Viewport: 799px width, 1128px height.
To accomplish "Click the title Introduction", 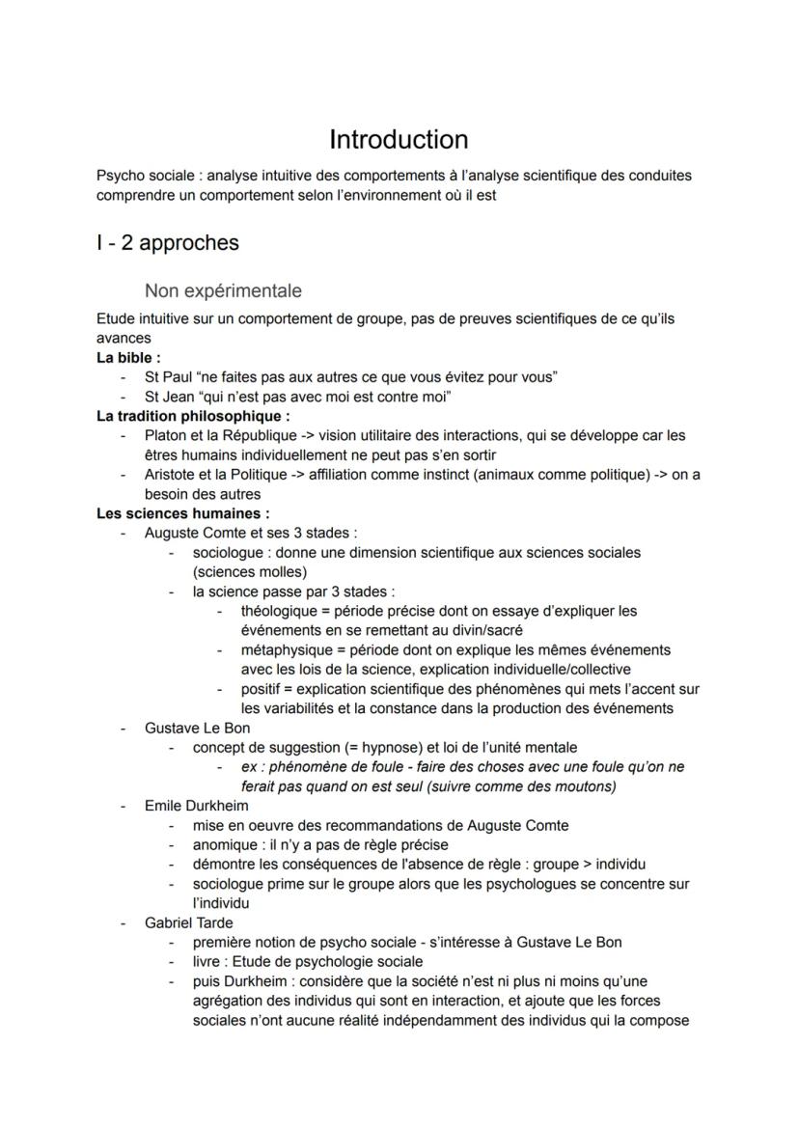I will tap(399, 139).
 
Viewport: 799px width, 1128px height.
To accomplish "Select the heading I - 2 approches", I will tap(167, 242).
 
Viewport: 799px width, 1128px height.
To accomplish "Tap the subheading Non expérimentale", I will tap(223, 290).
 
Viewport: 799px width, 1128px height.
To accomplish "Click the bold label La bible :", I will tap(128, 358).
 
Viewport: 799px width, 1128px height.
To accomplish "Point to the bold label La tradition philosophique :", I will tap(193, 416).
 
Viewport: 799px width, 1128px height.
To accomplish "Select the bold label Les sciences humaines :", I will tap(183, 513).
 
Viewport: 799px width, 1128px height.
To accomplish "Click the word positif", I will tap(262, 689).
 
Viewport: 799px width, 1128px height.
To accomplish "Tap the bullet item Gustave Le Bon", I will tap(197, 728).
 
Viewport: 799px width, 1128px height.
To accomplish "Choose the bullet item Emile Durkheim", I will tap(196, 805).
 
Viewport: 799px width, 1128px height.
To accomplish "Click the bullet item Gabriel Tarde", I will tap(188, 922).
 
